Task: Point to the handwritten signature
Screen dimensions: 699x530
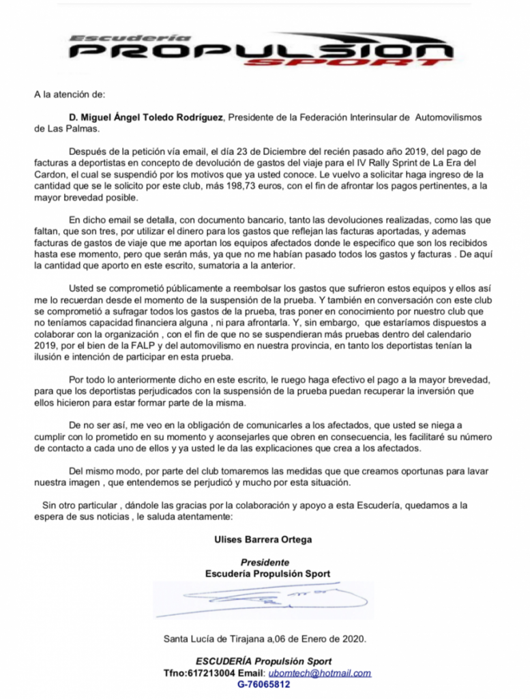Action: (266, 601)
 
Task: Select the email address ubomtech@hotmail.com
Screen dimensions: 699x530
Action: (327, 673)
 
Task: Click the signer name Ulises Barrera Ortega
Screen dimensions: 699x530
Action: (263, 539)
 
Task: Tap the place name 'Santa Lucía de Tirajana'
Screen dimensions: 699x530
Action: (214, 640)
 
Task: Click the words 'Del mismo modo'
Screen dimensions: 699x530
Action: (103, 471)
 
